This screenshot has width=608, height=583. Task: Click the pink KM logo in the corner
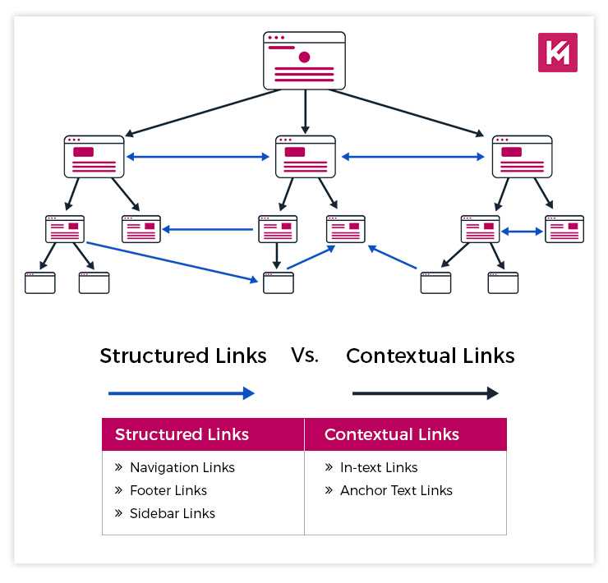coord(558,52)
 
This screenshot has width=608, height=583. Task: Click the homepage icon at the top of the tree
coord(304,61)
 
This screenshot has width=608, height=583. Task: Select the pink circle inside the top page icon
coord(305,57)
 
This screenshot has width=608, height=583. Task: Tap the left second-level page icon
coord(94,156)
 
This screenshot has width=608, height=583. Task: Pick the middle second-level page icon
coord(305,156)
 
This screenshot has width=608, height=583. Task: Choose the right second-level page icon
coord(522,156)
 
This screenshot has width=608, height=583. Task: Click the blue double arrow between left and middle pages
coord(200,156)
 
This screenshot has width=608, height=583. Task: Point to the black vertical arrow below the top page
coord(305,112)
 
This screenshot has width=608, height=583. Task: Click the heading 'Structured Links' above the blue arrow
coord(183,356)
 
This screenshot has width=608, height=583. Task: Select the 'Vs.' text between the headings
coord(305,355)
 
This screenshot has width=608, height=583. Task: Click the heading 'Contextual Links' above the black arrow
coord(430,356)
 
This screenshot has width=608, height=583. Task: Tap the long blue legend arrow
coord(182,393)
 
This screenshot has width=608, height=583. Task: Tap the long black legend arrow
coord(425,393)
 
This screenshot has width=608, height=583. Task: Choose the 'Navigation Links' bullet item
coord(182,467)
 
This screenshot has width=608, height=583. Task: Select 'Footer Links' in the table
coord(168,490)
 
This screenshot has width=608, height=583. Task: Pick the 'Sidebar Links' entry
coord(172,513)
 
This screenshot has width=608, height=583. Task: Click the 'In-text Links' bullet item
coord(379,467)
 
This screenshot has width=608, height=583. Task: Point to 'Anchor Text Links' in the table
coord(396,490)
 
